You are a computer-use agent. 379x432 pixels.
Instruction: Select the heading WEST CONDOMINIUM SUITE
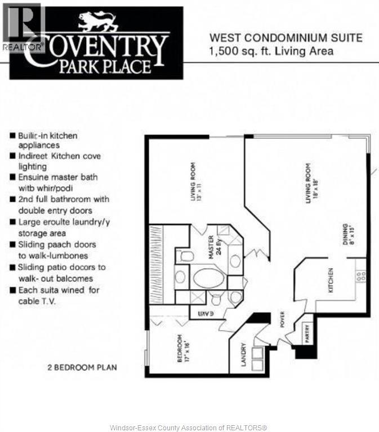[x=286, y=39]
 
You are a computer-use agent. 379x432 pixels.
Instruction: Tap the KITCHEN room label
[x=332, y=280]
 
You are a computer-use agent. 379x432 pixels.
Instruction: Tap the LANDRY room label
[x=244, y=355]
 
